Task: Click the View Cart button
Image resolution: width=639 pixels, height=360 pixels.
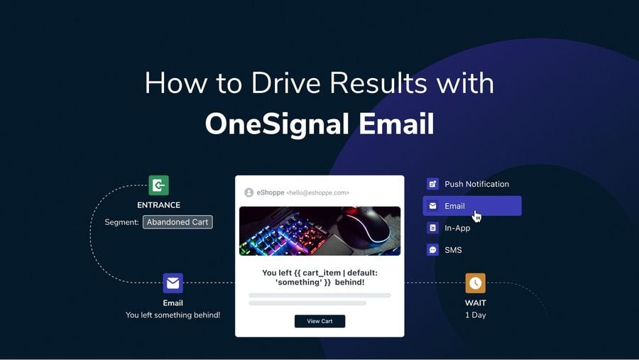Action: (x=319, y=321)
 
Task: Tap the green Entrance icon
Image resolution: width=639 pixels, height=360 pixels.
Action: (x=158, y=185)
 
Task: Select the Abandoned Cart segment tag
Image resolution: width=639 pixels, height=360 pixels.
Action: (x=177, y=222)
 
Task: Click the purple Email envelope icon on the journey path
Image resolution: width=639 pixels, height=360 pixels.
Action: (x=173, y=283)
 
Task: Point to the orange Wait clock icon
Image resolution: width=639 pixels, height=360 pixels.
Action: (x=475, y=283)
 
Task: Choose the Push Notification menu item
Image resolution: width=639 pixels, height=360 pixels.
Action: (x=476, y=184)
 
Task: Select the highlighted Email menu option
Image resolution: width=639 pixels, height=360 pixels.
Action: (x=471, y=206)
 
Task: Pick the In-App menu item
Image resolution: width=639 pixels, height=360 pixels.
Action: (x=457, y=228)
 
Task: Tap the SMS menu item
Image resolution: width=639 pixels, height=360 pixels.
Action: (x=453, y=250)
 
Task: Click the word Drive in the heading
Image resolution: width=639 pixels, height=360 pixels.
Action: (x=278, y=83)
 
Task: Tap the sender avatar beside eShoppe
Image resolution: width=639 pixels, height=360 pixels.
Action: (x=248, y=192)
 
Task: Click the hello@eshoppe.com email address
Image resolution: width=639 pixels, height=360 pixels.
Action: (x=317, y=192)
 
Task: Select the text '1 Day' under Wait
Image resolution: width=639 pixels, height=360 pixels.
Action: (x=475, y=315)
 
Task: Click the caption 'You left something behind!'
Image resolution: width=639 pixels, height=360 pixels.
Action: (x=173, y=315)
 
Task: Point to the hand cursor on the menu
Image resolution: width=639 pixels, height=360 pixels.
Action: (x=477, y=216)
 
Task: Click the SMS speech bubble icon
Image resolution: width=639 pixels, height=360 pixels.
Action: (x=432, y=250)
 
